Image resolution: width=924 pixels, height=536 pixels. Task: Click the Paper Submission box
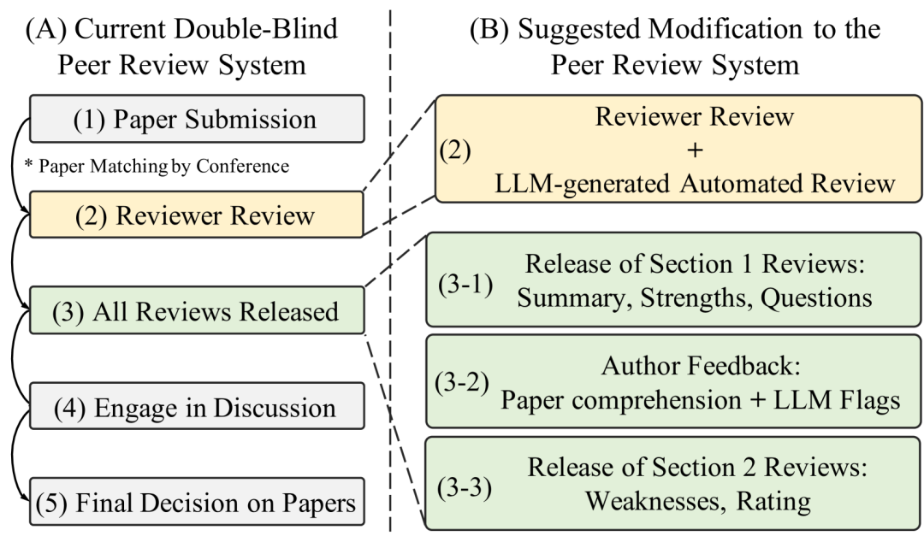click(x=197, y=118)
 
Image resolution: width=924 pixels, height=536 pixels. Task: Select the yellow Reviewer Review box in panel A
click(x=197, y=215)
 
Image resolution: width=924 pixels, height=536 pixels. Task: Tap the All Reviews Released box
click(x=197, y=310)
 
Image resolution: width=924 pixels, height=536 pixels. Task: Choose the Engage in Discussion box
click(x=197, y=406)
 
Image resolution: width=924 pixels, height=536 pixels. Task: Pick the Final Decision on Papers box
click(x=197, y=502)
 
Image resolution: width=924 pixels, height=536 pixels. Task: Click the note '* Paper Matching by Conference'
click(x=157, y=166)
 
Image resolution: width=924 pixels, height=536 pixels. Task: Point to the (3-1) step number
click(x=465, y=284)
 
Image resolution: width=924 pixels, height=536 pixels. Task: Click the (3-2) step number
click(x=462, y=384)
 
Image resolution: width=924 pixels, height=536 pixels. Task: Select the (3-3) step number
click(x=465, y=487)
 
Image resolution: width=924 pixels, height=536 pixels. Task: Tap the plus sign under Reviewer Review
click(x=695, y=150)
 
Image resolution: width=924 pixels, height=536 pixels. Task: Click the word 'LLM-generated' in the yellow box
click(x=582, y=184)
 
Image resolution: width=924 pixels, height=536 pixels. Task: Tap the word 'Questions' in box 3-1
click(x=816, y=298)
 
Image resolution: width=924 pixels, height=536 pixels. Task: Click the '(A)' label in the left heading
click(x=46, y=29)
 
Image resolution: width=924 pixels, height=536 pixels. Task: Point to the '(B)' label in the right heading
click(x=489, y=29)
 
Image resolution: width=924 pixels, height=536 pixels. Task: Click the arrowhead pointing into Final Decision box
click(x=25, y=498)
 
